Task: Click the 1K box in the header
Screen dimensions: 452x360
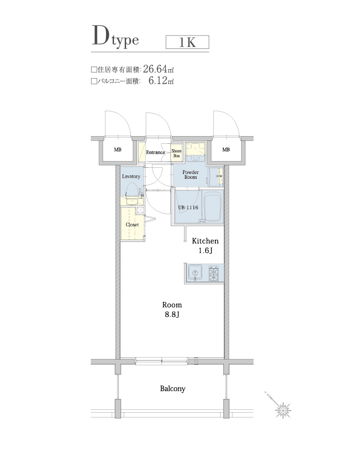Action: tap(187, 42)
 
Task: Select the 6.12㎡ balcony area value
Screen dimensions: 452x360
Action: tap(161, 81)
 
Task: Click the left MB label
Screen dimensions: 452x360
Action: tap(117, 150)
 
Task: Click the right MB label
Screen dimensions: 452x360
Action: tap(226, 150)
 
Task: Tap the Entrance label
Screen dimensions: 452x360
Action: tap(155, 152)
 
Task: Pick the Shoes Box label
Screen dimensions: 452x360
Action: tap(176, 153)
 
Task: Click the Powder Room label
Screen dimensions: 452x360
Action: tap(190, 174)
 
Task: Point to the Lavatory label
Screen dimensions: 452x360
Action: tap(131, 176)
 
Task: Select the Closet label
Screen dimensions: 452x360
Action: tap(132, 224)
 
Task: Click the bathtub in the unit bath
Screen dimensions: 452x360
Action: tap(211, 207)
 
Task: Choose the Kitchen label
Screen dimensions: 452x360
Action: tap(205, 241)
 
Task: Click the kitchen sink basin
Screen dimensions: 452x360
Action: tap(196, 274)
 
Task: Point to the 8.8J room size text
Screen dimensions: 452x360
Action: tap(172, 315)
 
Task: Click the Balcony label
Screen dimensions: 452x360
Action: tap(173, 389)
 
